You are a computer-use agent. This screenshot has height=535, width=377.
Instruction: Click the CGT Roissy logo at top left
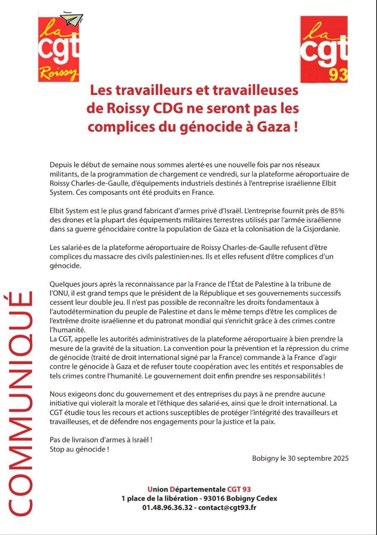[x=59, y=48]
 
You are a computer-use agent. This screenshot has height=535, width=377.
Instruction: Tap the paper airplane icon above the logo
[x=71, y=19]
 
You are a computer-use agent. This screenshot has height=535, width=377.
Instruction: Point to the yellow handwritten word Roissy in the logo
[x=58, y=75]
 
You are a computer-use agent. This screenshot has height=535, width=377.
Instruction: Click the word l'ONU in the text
[x=59, y=293]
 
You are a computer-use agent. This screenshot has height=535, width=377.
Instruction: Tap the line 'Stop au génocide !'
[x=79, y=449]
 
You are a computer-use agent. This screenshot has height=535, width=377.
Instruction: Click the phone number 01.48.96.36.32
[x=167, y=507]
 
